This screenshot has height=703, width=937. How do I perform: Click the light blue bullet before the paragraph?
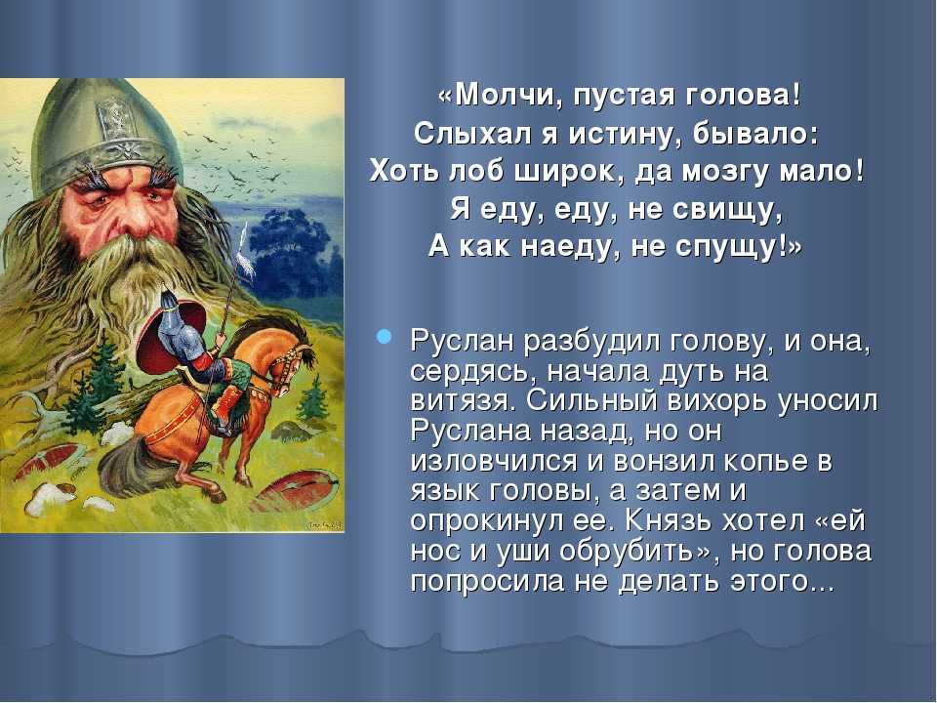(384, 337)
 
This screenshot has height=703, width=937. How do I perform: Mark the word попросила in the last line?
(487, 583)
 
